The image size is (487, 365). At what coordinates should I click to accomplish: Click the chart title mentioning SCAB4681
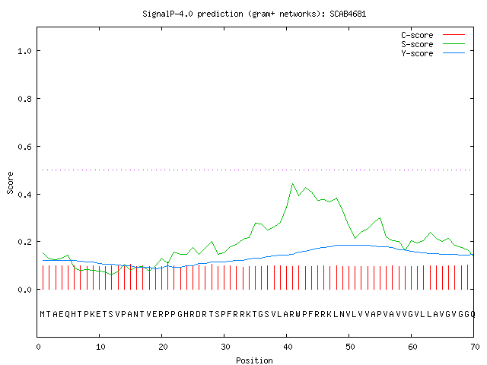coord(254,14)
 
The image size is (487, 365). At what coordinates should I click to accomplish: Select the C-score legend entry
coord(433,35)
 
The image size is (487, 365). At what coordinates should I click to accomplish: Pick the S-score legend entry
coord(433,44)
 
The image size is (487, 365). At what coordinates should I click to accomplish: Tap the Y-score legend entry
coord(433,53)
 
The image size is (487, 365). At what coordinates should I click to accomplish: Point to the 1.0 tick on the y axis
coord(24,51)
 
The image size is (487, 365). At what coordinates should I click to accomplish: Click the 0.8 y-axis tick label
coord(24,99)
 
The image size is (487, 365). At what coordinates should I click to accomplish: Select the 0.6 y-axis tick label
coord(24,147)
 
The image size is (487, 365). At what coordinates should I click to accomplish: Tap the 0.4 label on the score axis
coord(24,195)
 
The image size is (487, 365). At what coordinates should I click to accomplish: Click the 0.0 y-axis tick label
coord(24,290)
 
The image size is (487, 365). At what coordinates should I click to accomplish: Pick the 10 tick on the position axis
coord(100,347)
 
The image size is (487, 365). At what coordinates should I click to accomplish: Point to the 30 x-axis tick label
coord(225,347)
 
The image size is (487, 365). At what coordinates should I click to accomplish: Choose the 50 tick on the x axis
coord(350,347)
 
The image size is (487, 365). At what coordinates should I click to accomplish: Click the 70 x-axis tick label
coord(475,347)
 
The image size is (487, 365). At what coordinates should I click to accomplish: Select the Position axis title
coord(254,360)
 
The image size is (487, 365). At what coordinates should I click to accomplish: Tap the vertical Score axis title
coord(10,182)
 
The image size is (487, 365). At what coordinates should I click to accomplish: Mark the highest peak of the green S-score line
coord(292,184)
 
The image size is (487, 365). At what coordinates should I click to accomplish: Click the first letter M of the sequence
coord(43,314)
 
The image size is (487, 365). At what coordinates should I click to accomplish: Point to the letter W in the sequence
coord(298,314)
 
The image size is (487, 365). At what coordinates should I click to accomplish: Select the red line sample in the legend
coord(454,35)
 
